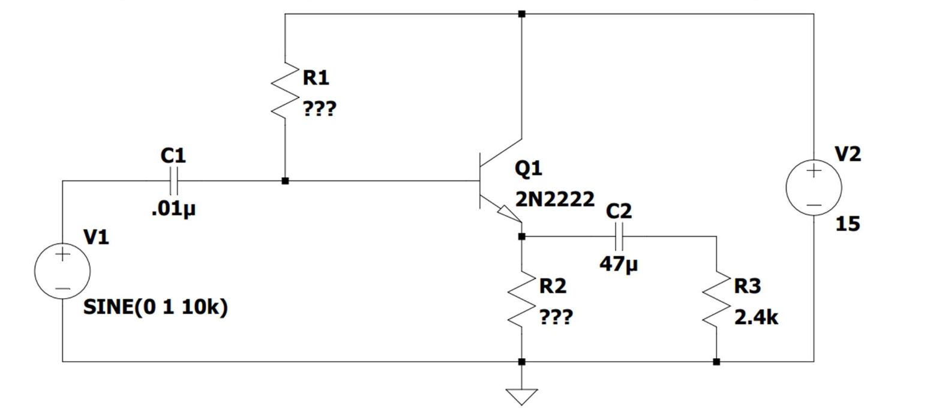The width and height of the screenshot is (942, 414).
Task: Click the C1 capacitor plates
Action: (x=174, y=180)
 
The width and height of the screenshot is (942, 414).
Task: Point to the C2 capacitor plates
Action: (x=620, y=236)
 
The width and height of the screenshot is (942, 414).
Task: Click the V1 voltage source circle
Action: (x=62, y=271)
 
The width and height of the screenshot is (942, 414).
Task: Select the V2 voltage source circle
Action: (x=814, y=187)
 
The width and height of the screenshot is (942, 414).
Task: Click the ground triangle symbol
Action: (x=521, y=396)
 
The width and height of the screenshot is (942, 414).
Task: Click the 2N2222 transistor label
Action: (x=555, y=199)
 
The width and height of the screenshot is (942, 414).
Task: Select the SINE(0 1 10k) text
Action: (x=155, y=307)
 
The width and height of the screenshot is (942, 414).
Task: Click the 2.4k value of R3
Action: (x=756, y=317)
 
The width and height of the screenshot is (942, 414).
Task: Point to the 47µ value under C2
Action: (x=618, y=263)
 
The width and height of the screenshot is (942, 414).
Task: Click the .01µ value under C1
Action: (x=173, y=209)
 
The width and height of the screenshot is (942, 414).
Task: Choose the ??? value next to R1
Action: (x=319, y=109)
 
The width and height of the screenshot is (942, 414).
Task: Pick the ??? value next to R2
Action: (x=556, y=317)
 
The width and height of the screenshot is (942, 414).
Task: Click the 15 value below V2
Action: (x=847, y=224)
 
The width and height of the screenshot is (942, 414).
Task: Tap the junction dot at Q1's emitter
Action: (x=521, y=236)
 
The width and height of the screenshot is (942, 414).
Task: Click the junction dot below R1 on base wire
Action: (x=285, y=181)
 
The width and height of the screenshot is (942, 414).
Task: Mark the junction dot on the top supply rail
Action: (x=521, y=13)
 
